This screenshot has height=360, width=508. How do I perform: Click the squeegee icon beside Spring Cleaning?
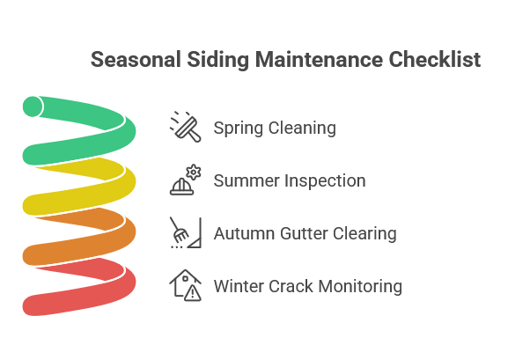(185, 128)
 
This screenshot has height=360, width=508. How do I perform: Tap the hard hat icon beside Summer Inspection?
(185, 180)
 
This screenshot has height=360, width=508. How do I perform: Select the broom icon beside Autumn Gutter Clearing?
(185, 233)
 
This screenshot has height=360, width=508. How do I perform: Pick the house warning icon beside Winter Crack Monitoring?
(185, 286)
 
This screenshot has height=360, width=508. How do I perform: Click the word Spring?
(238, 129)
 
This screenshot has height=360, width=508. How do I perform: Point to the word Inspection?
(325, 181)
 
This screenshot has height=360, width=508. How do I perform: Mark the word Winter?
(240, 287)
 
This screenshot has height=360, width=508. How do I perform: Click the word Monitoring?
(360, 287)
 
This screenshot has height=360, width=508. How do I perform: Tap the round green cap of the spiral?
(33, 107)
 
